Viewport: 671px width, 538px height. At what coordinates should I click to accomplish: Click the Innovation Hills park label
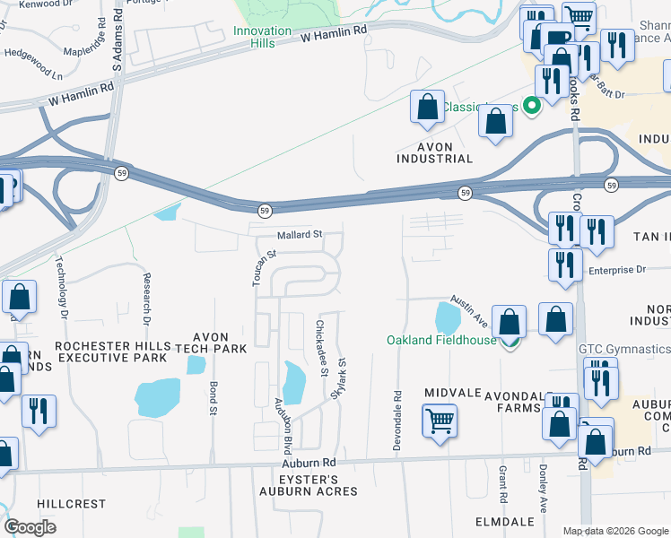tap(263, 37)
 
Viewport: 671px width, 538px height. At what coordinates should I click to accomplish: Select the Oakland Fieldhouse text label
tap(441, 341)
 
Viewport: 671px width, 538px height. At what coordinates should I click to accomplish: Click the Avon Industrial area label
tap(434, 152)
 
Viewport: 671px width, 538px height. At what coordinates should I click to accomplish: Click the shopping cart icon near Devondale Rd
tap(440, 421)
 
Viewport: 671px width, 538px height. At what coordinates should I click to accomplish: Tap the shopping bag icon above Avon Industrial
tap(428, 107)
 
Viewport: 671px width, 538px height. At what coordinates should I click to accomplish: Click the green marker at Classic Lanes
tap(532, 107)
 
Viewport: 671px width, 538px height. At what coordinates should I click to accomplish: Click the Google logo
tap(30, 527)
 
